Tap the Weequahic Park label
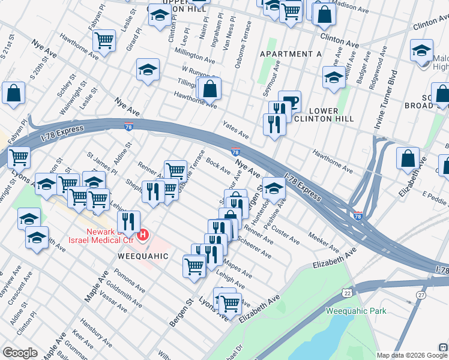(x=356, y=311)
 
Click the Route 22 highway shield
(x=348, y=292)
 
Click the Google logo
(x=20, y=353)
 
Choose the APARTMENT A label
(x=291, y=54)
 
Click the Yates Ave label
(x=236, y=128)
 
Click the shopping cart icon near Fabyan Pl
(x=104, y=40)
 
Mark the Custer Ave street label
(x=286, y=235)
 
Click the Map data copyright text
(x=403, y=355)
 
